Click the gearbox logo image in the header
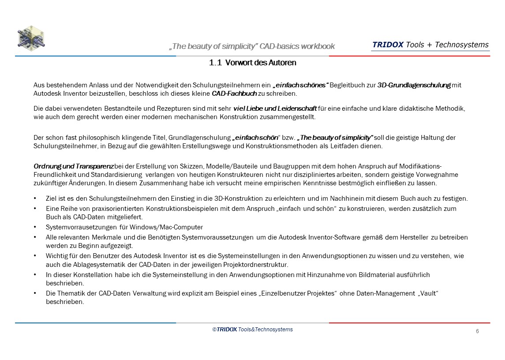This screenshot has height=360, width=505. [x=31, y=38]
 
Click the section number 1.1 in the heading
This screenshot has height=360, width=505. [x=215, y=63]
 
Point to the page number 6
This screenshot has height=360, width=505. [x=477, y=331]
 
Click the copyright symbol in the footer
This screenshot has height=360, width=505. [x=214, y=330]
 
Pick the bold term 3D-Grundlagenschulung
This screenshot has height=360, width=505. [x=414, y=85]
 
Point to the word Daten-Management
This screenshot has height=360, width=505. [x=384, y=293]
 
